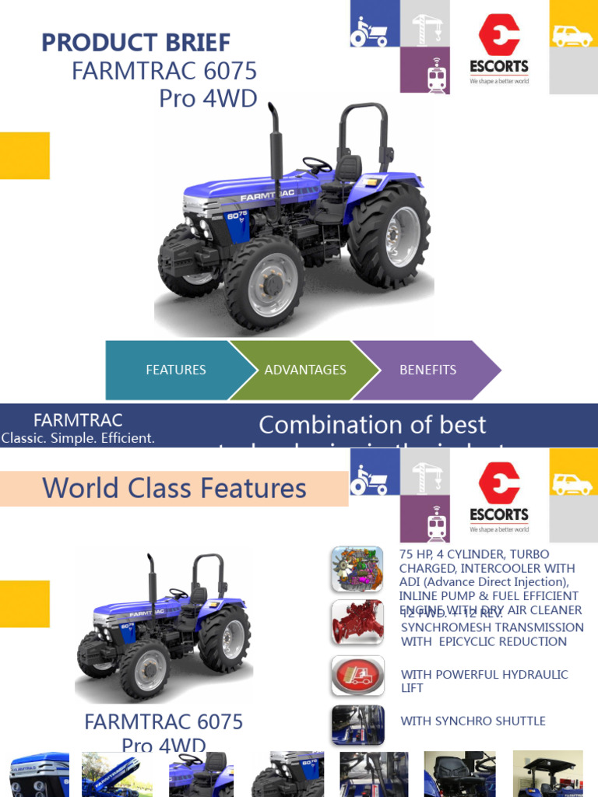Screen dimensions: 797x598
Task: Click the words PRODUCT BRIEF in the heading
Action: tap(135, 43)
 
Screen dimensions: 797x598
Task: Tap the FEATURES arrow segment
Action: tap(176, 370)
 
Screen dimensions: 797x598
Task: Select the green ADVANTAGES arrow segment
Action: tap(305, 370)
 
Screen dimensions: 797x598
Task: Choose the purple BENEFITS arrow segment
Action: tap(427, 370)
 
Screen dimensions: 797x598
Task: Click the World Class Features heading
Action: tap(174, 488)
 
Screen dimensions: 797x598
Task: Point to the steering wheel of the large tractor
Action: tap(317, 165)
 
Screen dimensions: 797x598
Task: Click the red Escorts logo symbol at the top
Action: tap(499, 35)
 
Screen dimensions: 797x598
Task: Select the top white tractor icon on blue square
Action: tap(369, 30)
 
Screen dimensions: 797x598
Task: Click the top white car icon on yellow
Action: tap(572, 35)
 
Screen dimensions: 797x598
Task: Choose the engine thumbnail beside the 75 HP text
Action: tap(357, 569)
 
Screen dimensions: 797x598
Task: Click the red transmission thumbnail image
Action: tap(357, 622)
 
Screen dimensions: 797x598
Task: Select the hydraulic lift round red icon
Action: tap(357, 675)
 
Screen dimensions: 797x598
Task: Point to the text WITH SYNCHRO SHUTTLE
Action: tap(473, 721)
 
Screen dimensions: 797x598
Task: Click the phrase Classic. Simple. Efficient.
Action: tap(78, 437)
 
